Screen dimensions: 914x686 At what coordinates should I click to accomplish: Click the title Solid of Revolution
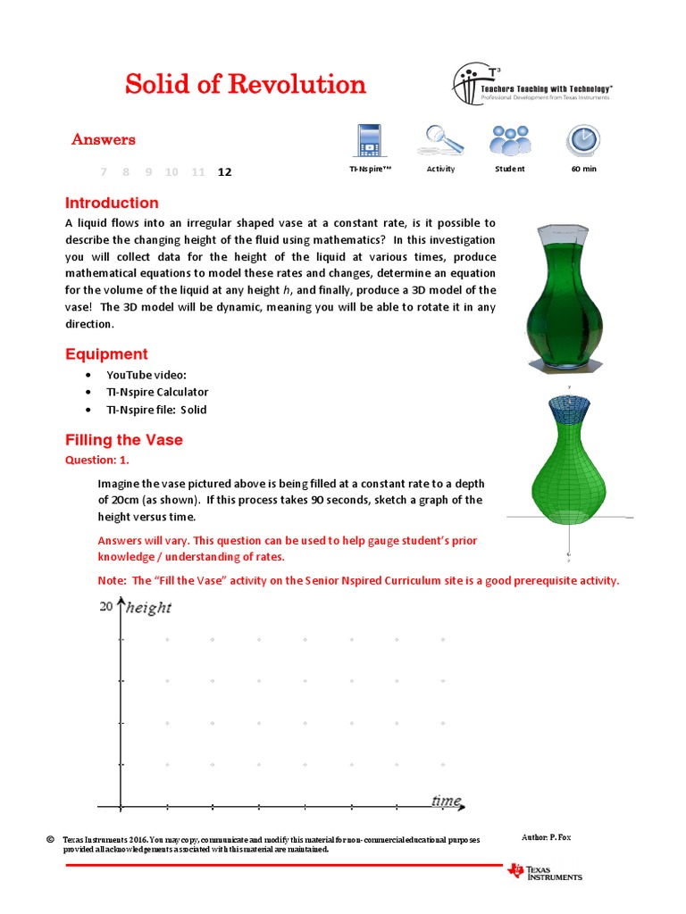pyautogui.click(x=246, y=85)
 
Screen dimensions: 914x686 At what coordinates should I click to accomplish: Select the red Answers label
pyautogui.click(x=104, y=139)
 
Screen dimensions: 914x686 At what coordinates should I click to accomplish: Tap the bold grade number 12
pyautogui.click(x=224, y=172)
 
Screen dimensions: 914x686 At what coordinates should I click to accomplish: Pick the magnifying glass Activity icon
pyautogui.click(x=440, y=139)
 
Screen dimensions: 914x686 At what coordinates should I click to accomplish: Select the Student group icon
pyautogui.click(x=510, y=139)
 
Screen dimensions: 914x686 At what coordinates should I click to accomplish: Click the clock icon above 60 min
pyautogui.click(x=583, y=140)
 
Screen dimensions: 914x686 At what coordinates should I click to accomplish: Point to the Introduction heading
pyautogui.click(x=112, y=203)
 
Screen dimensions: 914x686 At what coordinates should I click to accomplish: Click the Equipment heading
pyautogui.click(x=106, y=354)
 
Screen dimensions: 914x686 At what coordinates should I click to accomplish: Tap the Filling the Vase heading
pyautogui.click(x=124, y=440)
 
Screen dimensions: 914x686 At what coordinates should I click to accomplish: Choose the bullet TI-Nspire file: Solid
pyautogui.click(x=156, y=410)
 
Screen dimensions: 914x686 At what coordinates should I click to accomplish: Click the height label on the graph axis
pyautogui.click(x=148, y=608)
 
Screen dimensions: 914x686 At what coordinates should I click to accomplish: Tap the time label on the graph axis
pyautogui.click(x=446, y=801)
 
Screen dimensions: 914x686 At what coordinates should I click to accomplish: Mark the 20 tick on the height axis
pyautogui.click(x=106, y=607)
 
